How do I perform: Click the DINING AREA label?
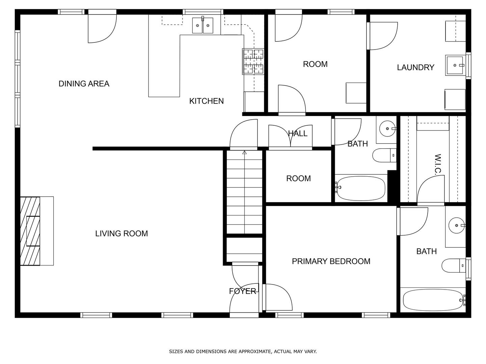(x=84, y=84)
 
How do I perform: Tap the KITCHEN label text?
(x=206, y=101)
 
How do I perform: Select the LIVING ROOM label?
(x=122, y=234)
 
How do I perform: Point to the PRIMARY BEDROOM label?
(x=331, y=261)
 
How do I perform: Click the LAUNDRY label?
(x=415, y=67)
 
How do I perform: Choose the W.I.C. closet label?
(x=438, y=164)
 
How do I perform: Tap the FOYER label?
(x=242, y=291)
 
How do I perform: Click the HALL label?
(x=298, y=133)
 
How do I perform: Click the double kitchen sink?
(x=202, y=25)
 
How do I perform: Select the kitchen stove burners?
(x=253, y=61)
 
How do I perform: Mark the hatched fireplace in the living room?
(x=30, y=231)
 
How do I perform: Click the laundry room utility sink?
(x=455, y=65)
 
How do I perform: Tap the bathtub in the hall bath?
(x=360, y=188)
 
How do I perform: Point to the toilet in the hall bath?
(x=383, y=155)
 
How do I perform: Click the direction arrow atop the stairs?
(x=244, y=153)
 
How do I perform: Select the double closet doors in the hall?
(x=290, y=136)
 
